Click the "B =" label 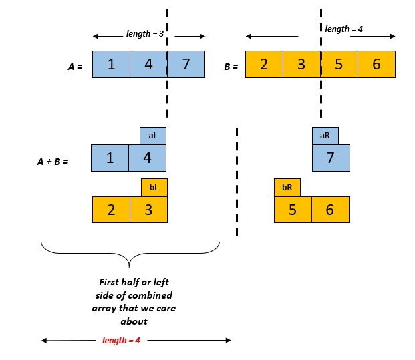pyautogui.click(x=231, y=67)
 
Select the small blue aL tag pyautogui.click(x=153, y=136)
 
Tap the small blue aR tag pyautogui.click(x=325, y=136)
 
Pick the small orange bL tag pyautogui.click(x=154, y=188)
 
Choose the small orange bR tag pyautogui.click(x=287, y=188)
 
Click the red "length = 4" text pyautogui.click(x=121, y=341)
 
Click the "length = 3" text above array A pyautogui.click(x=145, y=34)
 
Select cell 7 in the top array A pyautogui.click(x=186, y=65)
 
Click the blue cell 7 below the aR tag pyautogui.click(x=331, y=158)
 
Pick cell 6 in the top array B pyautogui.click(x=376, y=65)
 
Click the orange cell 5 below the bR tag pyautogui.click(x=293, y=210)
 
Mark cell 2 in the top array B pyautogui.click(x=264, y=65)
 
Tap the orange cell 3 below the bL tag pyautogui.click(x=148, y=210)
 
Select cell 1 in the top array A pyautogui.click(x=111, y=65)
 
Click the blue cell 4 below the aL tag pyautogui.click(x=148, y=158)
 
